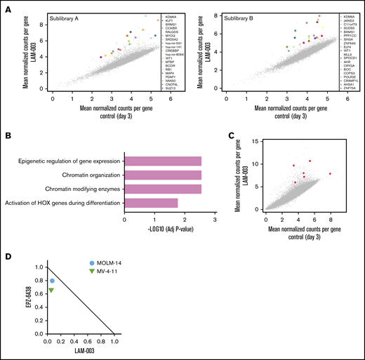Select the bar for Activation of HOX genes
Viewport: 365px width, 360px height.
150,204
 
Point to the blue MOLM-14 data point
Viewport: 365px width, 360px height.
51,281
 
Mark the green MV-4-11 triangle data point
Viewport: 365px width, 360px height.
51,291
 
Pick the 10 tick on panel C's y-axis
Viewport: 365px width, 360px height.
249,164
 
